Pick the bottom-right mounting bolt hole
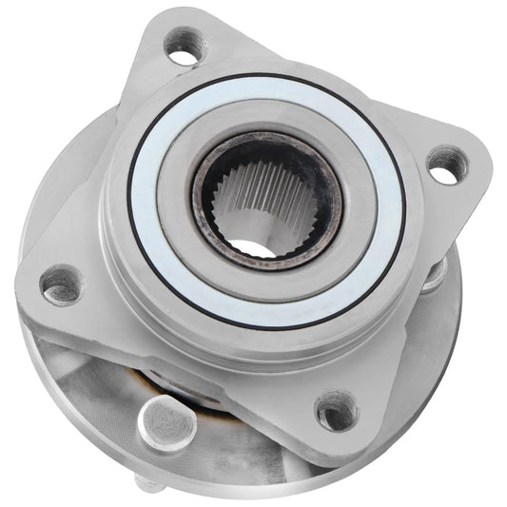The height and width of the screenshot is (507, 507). [x=336, y=411]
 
